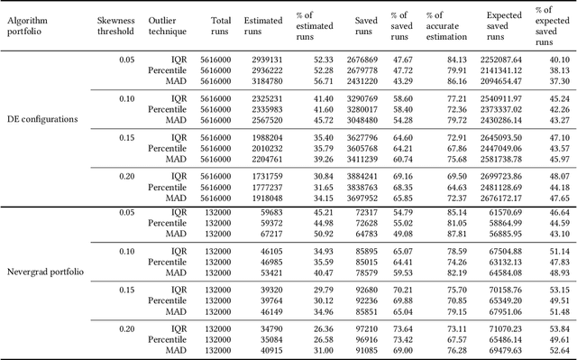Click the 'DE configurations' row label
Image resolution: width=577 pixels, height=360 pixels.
click(x=42, y=119)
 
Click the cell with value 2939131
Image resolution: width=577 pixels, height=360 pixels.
click(x=269, y=61)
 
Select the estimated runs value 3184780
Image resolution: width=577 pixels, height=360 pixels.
click(x=269, y=80)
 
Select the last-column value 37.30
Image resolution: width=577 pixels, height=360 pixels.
click(x=559, y=80)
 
